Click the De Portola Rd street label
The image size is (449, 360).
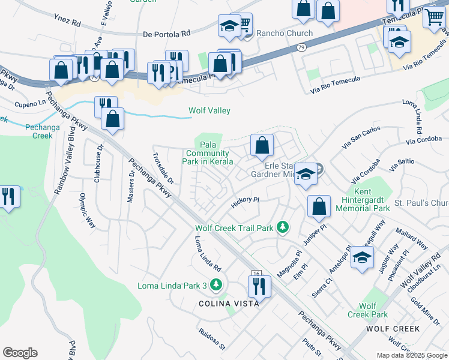point(166,34)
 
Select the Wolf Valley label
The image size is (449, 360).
point(209,110)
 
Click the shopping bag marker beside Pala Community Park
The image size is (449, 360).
point(262,145)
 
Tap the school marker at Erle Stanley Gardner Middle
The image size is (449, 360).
point(306,174)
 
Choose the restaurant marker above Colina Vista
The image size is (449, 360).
point(259,286)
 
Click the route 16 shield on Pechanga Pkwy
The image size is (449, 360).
point(256,274)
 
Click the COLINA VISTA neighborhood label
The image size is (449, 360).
point(229,304)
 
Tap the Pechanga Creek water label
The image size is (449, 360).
point(39,131)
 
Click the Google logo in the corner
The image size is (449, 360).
point(20,353)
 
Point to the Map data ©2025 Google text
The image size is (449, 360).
point(411,355)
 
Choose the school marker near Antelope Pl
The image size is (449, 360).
point(361,257)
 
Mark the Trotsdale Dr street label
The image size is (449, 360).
point(162,169)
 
